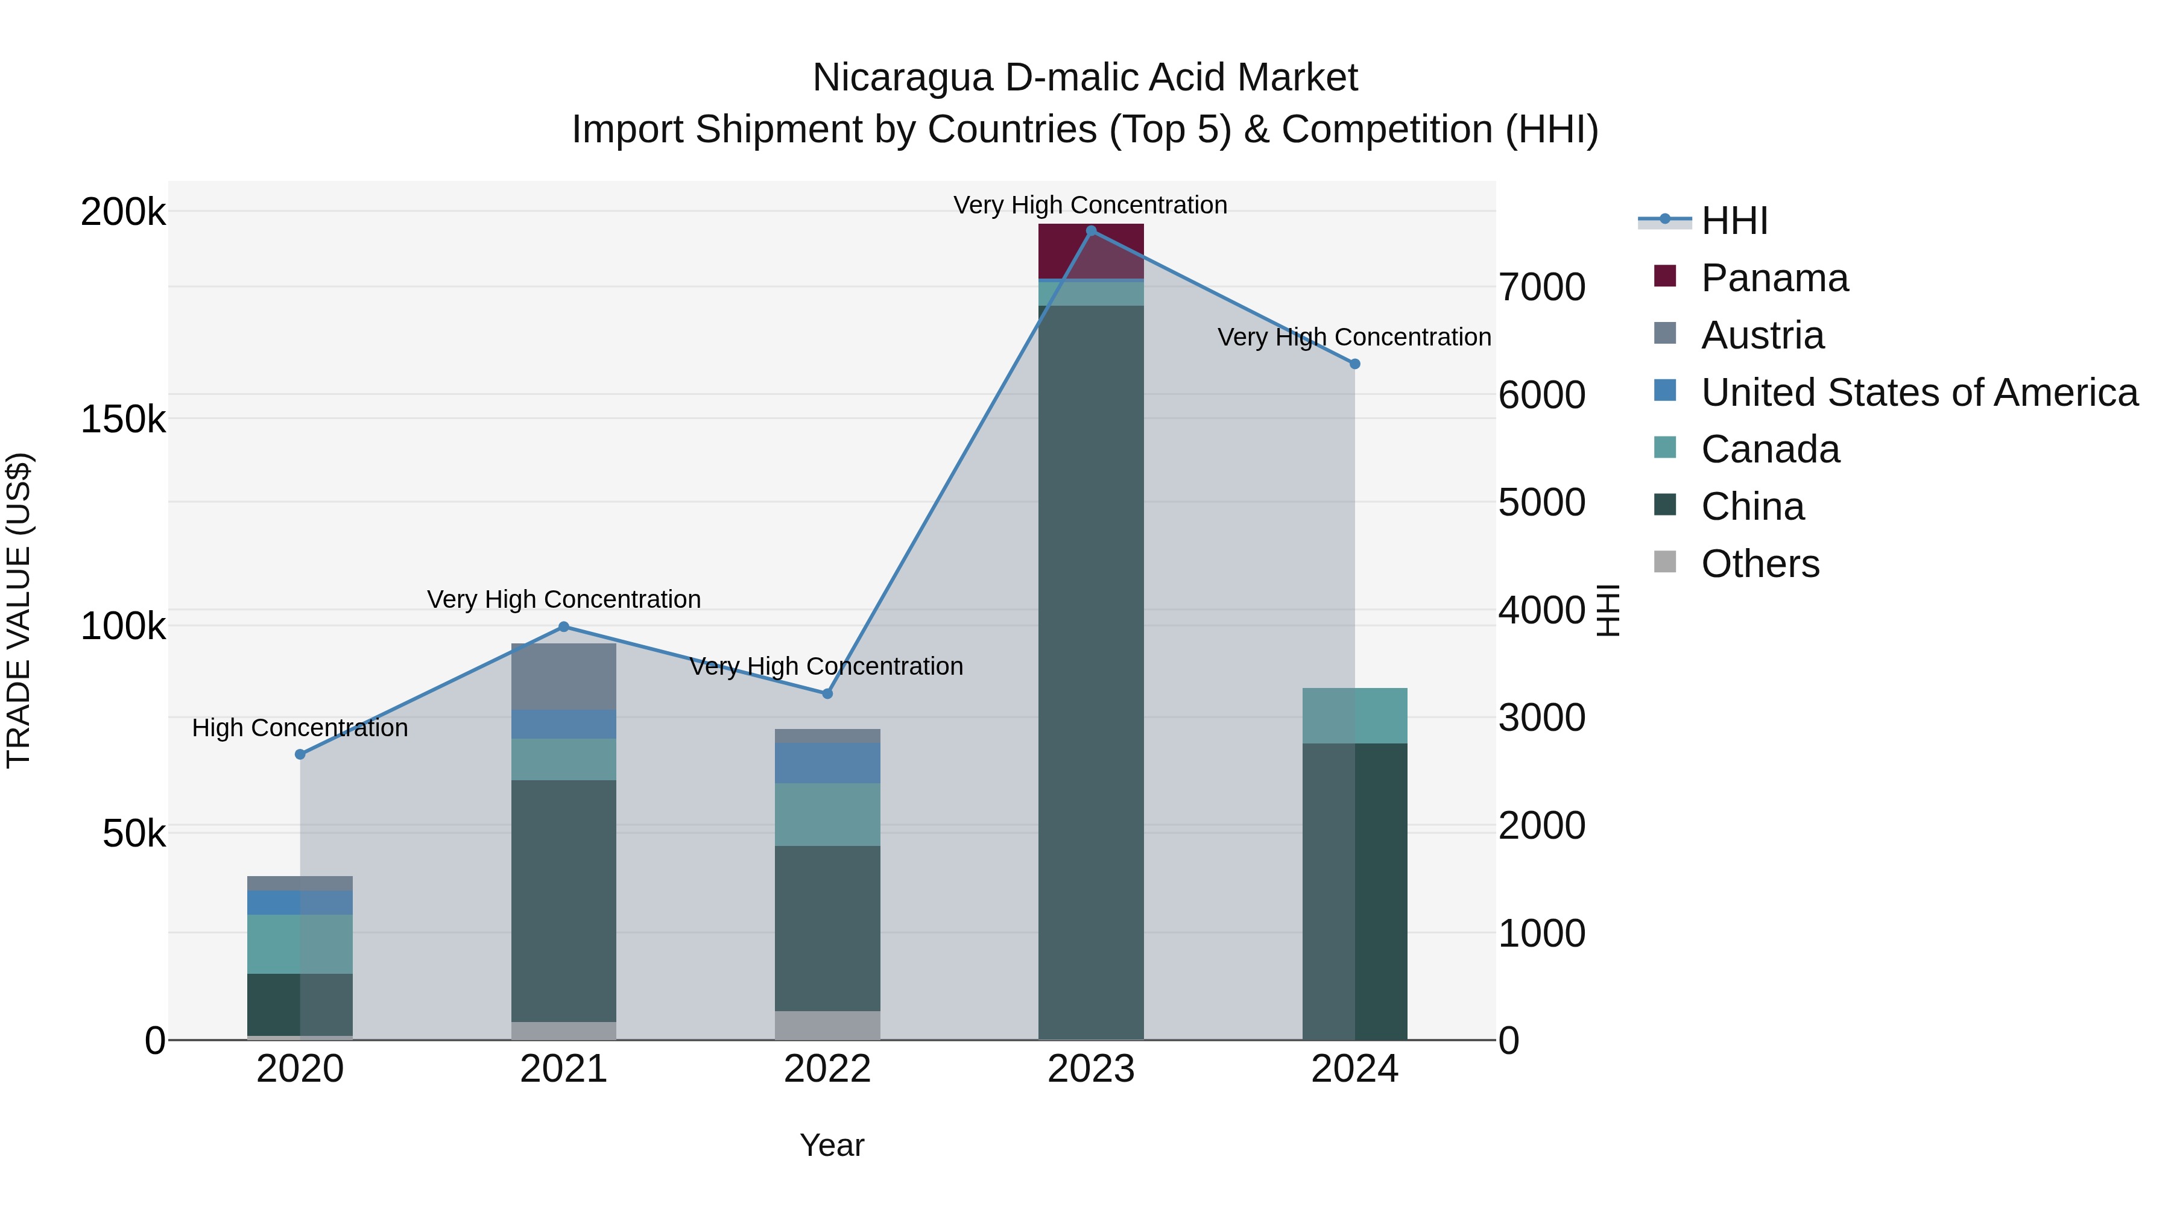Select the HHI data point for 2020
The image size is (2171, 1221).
click(x=300, y=754)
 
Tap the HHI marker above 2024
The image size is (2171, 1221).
click(x=1354, y=364)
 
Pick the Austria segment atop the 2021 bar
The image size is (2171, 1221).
click(x=564, y=676)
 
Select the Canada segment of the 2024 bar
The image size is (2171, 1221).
click(x=1354, y=715)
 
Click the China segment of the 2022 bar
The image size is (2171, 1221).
click(x=827, y=927)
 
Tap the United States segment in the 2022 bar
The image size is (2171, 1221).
click(x=827, y=763)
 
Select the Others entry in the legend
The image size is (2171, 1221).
click(x=1760, y=564)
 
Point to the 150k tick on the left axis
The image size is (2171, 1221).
click(x=123, y=419)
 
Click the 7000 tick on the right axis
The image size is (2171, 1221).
click(x=1541, y=288)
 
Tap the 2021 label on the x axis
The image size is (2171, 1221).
click(x=564, y=1069)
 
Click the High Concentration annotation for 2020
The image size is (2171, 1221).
click(x=300, y=727)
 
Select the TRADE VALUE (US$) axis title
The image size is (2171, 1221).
click(x=19, y=610)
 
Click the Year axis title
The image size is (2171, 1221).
click(x=831, y=1145)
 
